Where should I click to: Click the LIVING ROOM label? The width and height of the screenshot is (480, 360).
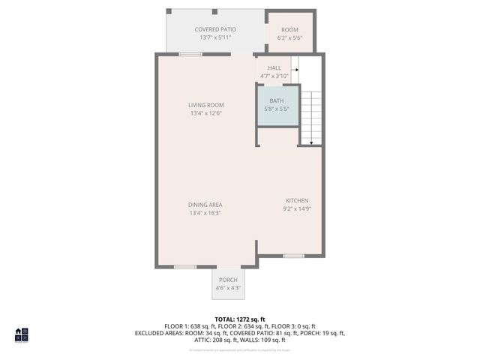point(205,105)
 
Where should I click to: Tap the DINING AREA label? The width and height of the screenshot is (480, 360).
point(205,205)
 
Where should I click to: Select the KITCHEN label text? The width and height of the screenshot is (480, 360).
point(296,200)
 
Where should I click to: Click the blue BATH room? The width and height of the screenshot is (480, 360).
point(277,105)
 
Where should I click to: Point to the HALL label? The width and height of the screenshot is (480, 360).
point(274,68)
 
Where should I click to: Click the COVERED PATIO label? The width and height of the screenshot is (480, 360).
point(215,29)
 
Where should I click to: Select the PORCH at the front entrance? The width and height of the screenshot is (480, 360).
point(228,283)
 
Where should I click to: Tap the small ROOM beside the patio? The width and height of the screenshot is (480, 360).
point(289,32)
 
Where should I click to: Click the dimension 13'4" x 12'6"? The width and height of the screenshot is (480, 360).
point(205,113)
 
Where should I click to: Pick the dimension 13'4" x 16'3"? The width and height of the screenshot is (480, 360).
point(205,213)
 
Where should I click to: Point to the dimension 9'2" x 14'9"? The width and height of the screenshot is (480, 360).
point(296,208)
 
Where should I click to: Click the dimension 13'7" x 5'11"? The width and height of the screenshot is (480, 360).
point(215,37)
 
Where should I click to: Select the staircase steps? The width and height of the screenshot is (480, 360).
point(313,116)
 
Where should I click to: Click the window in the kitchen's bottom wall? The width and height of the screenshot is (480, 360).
point(293,256)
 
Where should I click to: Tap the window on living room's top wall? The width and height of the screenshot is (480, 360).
point(190,54)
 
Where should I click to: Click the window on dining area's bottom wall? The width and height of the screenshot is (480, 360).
point(185,266)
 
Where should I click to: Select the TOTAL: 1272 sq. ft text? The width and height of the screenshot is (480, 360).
point(240,319)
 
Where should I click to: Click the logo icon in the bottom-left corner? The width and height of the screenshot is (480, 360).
point(22,334)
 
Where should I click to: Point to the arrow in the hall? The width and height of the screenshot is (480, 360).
point(293,69)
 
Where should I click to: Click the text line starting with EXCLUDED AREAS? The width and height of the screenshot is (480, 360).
point(240,333)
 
